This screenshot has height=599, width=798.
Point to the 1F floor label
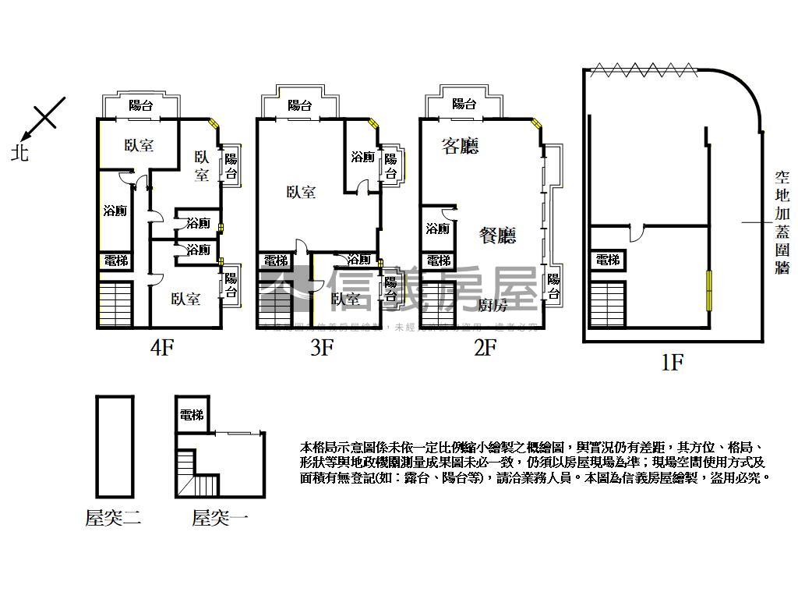click(671, 363)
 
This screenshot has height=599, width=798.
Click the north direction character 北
click(19, 153)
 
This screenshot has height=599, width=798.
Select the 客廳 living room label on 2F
click(460, 146)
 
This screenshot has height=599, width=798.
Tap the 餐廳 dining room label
click(498, 234)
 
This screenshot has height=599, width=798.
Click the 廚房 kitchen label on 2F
click(493, 304)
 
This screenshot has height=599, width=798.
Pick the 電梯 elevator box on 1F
click(608, 261)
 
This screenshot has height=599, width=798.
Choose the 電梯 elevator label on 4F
click(115, 261)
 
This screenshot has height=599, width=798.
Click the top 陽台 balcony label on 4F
click(140, 105)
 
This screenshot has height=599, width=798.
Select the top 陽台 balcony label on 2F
click(464, 104)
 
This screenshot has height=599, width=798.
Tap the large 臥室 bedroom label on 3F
click(301, 192)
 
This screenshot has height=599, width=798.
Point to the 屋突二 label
click(113, 517)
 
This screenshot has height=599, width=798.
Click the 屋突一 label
click(221, 517)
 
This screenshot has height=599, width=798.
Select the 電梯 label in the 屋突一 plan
click(192, 416)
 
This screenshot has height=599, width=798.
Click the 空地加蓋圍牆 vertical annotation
click(782, 223)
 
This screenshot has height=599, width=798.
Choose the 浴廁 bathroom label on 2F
click(437, 229)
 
